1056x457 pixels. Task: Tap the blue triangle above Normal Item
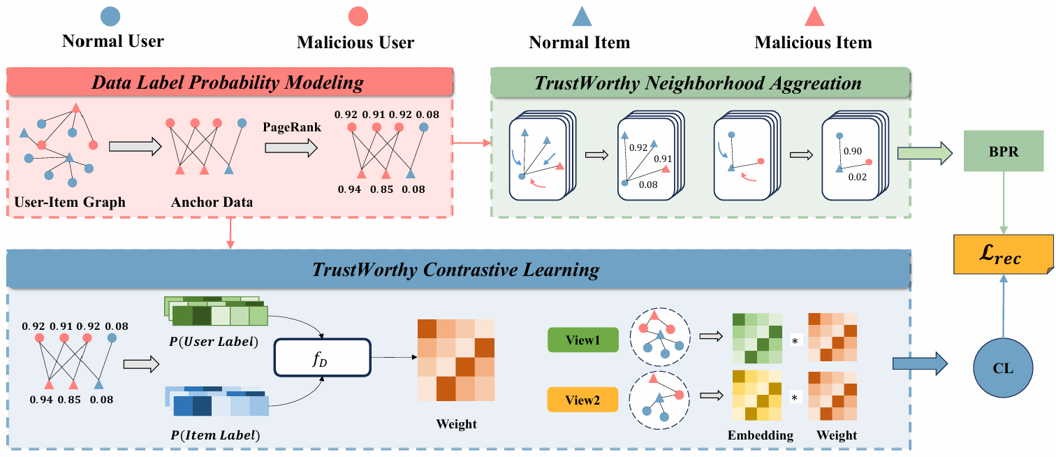582,17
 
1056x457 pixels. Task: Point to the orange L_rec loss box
1003,256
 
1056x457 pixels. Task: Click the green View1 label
583,340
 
